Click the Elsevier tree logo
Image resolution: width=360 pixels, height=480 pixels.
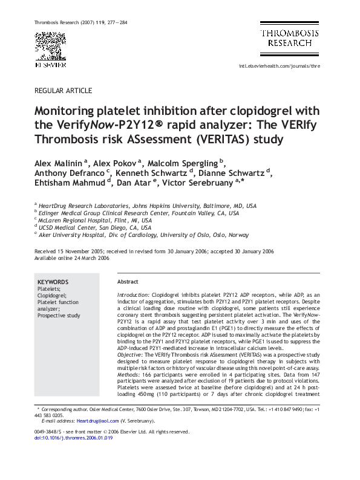coord(50,45)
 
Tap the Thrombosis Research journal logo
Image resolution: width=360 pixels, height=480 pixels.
coord(290,38)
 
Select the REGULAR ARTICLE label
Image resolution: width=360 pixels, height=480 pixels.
coord(64,91)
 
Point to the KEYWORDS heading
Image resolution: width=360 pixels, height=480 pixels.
coord(53,282)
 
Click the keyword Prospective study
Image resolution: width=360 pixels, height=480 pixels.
coord(59,316)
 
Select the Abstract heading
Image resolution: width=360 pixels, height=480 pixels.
coord(128,282)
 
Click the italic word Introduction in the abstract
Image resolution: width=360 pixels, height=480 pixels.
coord(133,294)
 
